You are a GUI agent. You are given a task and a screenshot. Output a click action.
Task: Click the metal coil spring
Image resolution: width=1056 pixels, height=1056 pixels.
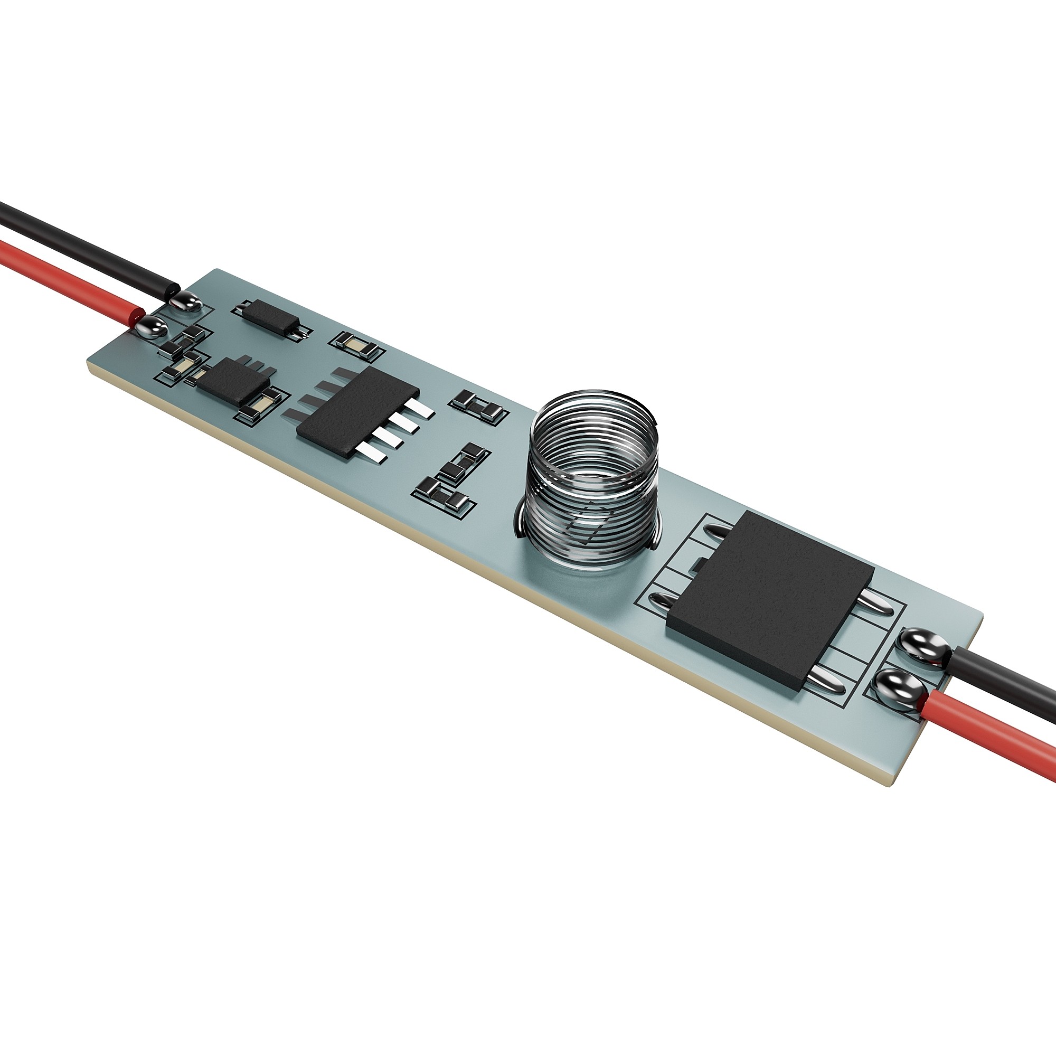tap(590, 465)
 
